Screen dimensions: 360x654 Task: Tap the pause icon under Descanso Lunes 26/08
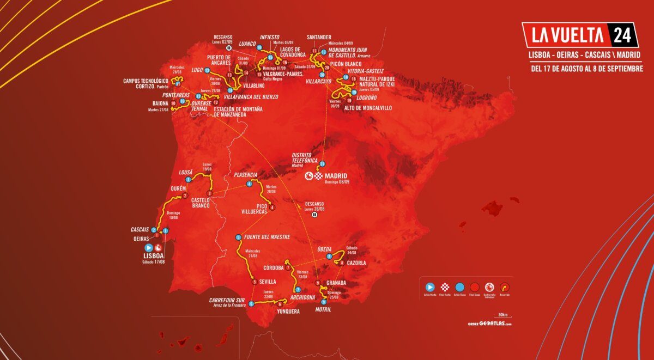click(314, 215)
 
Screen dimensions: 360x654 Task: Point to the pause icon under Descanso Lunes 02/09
click(229, 47)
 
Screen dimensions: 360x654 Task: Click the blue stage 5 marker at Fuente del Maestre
click(238, 237)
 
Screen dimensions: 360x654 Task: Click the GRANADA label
click(336, 283)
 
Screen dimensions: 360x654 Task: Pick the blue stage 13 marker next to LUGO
click(207, 70)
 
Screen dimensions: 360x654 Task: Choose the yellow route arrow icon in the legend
click(505, 286)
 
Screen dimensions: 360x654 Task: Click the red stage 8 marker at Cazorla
click(342, 263)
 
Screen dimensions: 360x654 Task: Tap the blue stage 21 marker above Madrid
click(322, 164)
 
